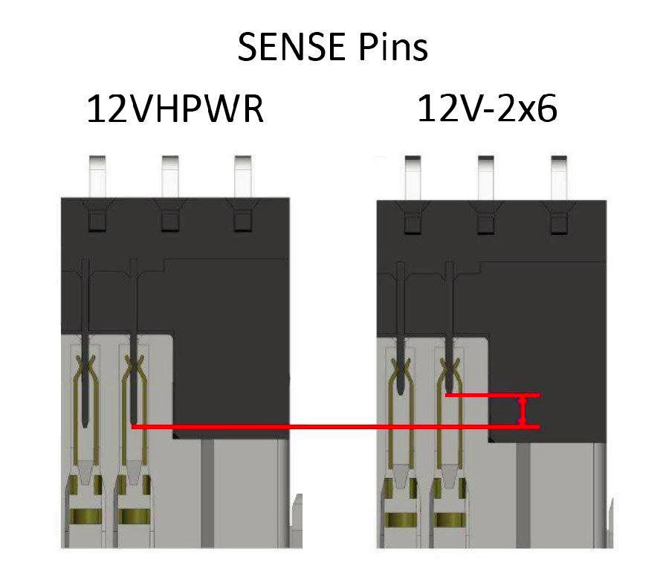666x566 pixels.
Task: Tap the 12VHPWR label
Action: (x=175, y=109)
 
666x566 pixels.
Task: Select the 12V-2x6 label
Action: (x=487, y=109)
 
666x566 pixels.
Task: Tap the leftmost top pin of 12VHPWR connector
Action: (x=97, y=175)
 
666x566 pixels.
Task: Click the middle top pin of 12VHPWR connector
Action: (x=169, y=175)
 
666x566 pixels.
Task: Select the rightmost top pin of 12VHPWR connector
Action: (x=242, y=175)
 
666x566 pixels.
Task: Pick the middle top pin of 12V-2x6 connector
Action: (x=485, y=175)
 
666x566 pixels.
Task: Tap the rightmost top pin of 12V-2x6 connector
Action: (x=557, y=175)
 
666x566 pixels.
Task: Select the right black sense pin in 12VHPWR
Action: (x=134, y=350)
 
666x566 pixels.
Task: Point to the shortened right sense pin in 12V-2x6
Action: (x=449, y=335)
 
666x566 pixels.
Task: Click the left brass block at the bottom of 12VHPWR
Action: (x=86, y=515)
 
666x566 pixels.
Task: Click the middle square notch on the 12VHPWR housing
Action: (x=169, y=221)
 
